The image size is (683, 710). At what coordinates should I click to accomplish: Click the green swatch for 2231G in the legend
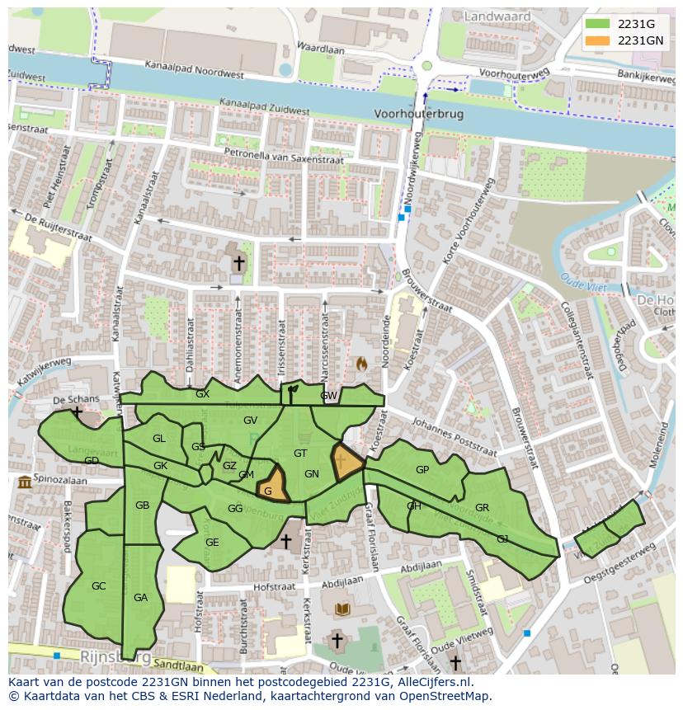597,24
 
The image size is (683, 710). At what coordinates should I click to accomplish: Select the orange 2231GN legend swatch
597,40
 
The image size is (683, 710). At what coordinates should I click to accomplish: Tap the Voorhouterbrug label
418,114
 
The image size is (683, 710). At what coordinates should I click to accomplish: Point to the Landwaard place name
497,16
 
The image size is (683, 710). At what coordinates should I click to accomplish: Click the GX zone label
202,394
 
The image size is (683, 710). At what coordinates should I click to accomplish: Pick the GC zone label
99,586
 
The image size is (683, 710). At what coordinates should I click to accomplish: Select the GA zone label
140,598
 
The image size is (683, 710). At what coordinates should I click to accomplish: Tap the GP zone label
422,470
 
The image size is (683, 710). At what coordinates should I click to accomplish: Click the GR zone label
482,508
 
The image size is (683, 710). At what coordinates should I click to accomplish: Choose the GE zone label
212,543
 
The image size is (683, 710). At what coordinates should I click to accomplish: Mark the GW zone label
329,396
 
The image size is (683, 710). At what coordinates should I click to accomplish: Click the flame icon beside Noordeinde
361,363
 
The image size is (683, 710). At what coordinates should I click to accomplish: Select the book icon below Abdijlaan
341,609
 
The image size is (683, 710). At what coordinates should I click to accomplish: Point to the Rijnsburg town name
115,657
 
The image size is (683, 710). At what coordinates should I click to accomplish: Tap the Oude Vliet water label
583,283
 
